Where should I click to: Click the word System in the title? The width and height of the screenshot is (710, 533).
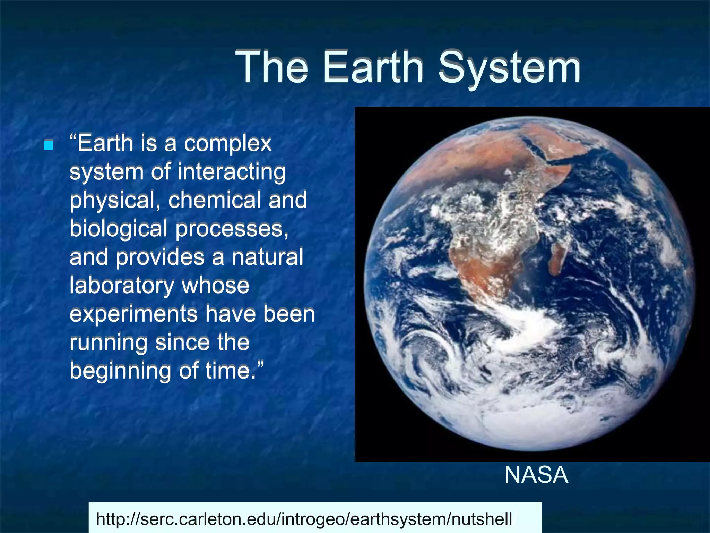(x=510, y=68)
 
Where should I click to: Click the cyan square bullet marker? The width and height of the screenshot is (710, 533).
(x=49, y=145)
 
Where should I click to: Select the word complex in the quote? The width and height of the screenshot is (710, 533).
(x=228, y=144)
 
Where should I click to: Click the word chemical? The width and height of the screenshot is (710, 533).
(x=215, y=200)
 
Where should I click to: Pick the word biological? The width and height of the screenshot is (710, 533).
(x=118, y=229)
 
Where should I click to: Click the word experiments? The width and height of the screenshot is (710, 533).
(x=133, y=314)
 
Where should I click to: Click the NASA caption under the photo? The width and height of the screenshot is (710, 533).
(x=536, y=475)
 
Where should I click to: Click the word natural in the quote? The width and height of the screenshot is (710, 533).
(x=267, y=257)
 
